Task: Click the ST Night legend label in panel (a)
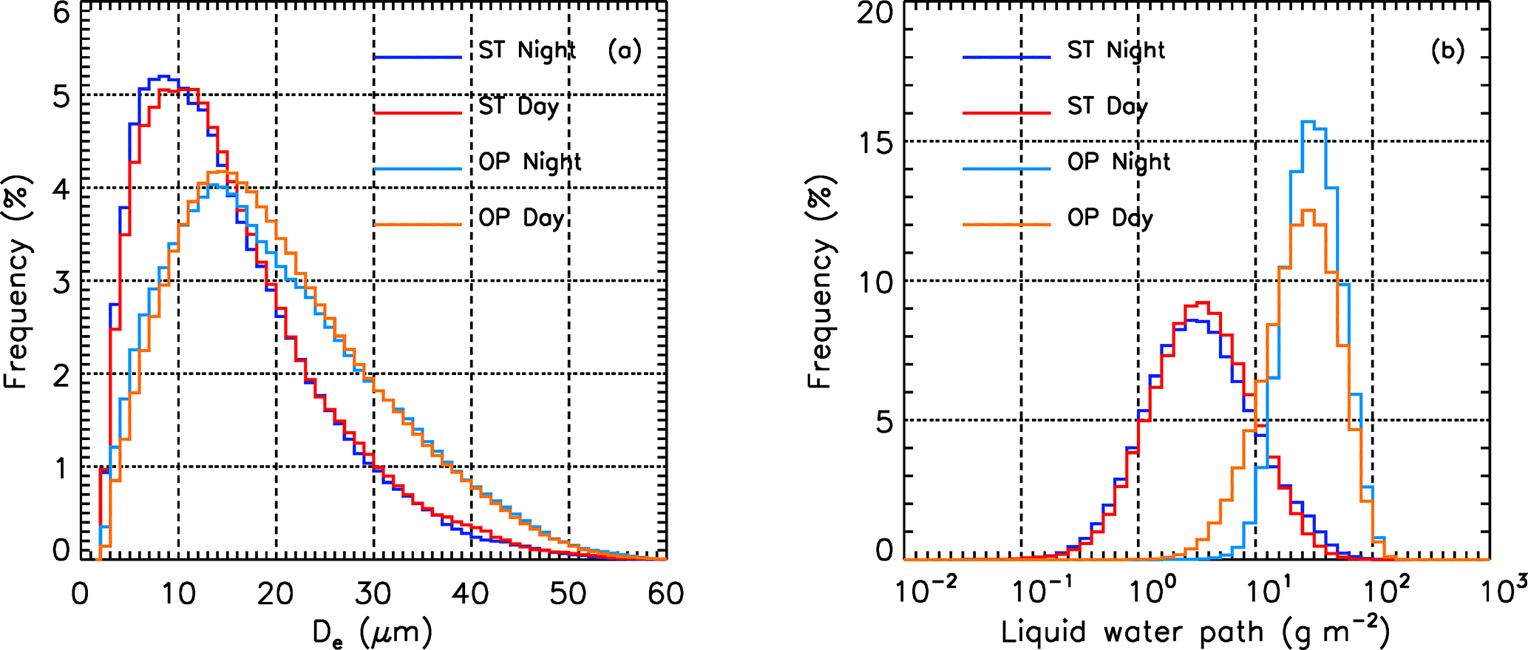point(526,50)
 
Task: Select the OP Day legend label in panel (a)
point(521,218)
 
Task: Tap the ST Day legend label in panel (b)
point(1107,106)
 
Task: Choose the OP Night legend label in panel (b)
point(1118,162)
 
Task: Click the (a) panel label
point(625,50)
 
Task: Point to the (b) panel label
point(1447,50)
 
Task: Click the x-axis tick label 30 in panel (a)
point(373,594)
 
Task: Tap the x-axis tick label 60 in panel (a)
point(665,594)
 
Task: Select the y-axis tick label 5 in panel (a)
point(61,97)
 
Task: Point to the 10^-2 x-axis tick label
point(926,592)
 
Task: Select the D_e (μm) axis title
point(373,633)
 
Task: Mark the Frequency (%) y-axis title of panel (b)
point(820,281)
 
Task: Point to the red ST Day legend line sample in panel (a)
point(418,113)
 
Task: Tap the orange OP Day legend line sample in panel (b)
point(1006,223)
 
